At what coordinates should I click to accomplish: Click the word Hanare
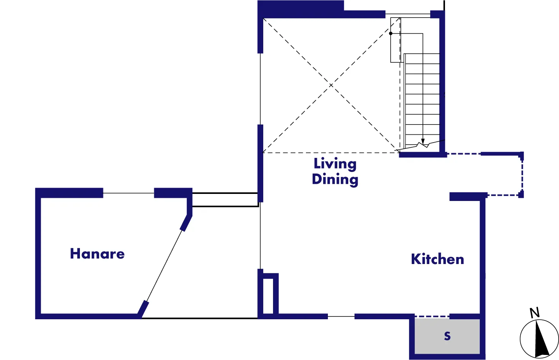tap(97, 254)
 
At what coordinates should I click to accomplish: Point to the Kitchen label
tap(438, 259)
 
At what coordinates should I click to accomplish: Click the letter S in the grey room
tap(447, 336)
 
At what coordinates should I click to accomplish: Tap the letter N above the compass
tap(535, 313)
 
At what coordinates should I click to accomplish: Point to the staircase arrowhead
tap(423, 141)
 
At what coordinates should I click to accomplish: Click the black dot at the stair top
tap(391, 33)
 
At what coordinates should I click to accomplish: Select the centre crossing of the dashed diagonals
tap(331, 85)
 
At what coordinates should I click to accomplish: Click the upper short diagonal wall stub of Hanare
tap(186, 223)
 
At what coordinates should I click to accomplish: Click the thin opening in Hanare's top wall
tap(128, 193)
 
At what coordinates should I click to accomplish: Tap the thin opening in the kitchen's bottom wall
tap(341, 317)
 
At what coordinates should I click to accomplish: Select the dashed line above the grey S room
tap(432, 317)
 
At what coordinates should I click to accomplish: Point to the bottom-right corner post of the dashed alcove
tap(521, 195)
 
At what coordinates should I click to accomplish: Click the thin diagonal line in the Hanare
tap(165, 266)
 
